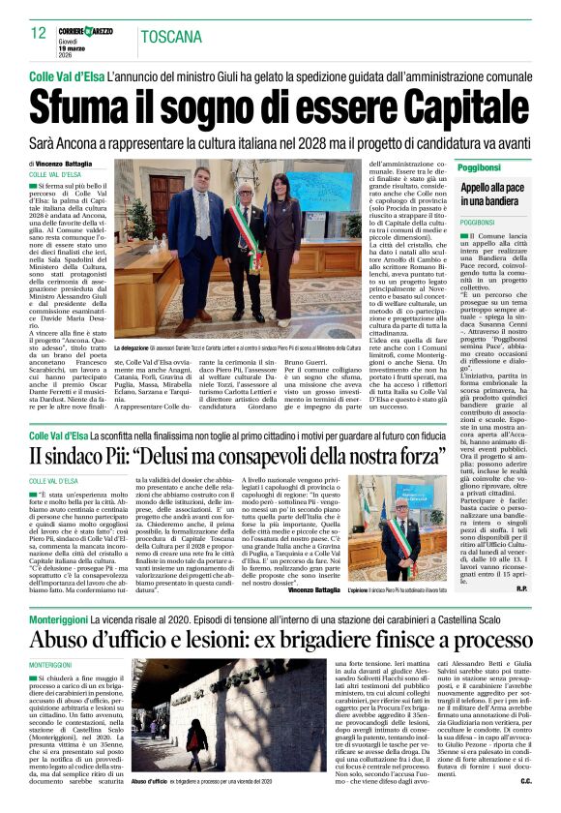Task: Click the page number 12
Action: pos(39,34)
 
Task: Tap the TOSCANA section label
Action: pos(170,37)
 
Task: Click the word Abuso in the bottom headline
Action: pos(66,640)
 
